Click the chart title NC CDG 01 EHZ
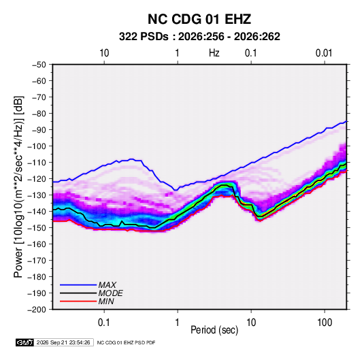click(x=199, y=19)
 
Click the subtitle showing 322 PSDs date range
click(x=199, y=37)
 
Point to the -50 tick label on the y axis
click(x=39, y=65)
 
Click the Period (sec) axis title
click(x=214, y=330)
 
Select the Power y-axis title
click(x=18, y=186)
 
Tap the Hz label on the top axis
click(x=214, y=53)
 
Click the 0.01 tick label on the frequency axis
click(x=324, y=53)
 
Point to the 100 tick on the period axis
click(x=325, y=323)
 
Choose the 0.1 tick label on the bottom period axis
click(x=104, y=323)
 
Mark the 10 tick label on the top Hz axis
click(x=104, y=53)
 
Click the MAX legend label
click(x=107, y=285)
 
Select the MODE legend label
click(x=110, y=293)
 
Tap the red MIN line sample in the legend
click(x=78, y=301)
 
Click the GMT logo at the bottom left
click(x=25, y=342)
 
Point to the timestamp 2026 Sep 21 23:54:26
click(x=63, y=342)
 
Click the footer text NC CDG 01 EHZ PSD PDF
click(x=126, y=342)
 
